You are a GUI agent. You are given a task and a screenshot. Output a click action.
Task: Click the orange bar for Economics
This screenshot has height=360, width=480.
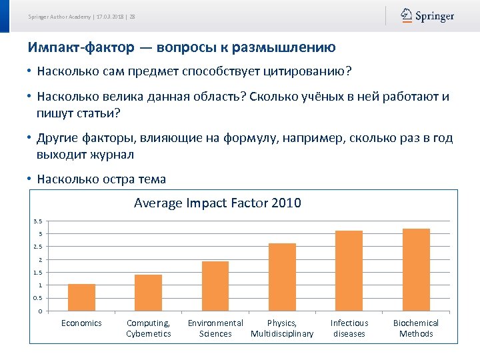point(81,298)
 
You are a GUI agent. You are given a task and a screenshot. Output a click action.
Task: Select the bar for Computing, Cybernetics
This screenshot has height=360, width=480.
point(148,293)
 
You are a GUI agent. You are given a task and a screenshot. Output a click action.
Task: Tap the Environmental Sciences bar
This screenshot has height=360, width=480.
point(215,287)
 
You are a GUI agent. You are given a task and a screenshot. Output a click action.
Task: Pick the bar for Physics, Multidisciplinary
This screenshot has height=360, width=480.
point(282,277)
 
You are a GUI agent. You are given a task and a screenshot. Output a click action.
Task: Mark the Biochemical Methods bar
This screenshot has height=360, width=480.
point(416,270)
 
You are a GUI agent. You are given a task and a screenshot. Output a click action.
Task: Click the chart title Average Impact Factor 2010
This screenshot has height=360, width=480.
point(217,203)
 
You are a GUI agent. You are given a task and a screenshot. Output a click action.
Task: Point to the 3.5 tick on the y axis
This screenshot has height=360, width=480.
point(38,221)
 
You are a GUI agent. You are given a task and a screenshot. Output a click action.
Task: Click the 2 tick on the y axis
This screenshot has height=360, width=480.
point(40,260)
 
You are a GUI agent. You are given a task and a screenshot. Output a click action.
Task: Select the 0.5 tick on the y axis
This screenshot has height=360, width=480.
point(38,298)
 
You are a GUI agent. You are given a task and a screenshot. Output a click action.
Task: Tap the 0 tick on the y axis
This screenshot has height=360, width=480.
point(40,311)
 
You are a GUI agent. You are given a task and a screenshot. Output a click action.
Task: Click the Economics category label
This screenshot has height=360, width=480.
point(81,323)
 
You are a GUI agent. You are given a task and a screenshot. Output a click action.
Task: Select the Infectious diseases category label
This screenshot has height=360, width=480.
point(349,328)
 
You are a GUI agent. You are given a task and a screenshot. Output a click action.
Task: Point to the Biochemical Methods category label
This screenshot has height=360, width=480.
point(416,328)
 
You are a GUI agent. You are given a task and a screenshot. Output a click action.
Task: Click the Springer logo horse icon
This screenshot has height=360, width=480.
point(406,15)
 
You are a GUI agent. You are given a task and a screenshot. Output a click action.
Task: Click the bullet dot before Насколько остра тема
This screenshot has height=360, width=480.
point(30,179)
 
